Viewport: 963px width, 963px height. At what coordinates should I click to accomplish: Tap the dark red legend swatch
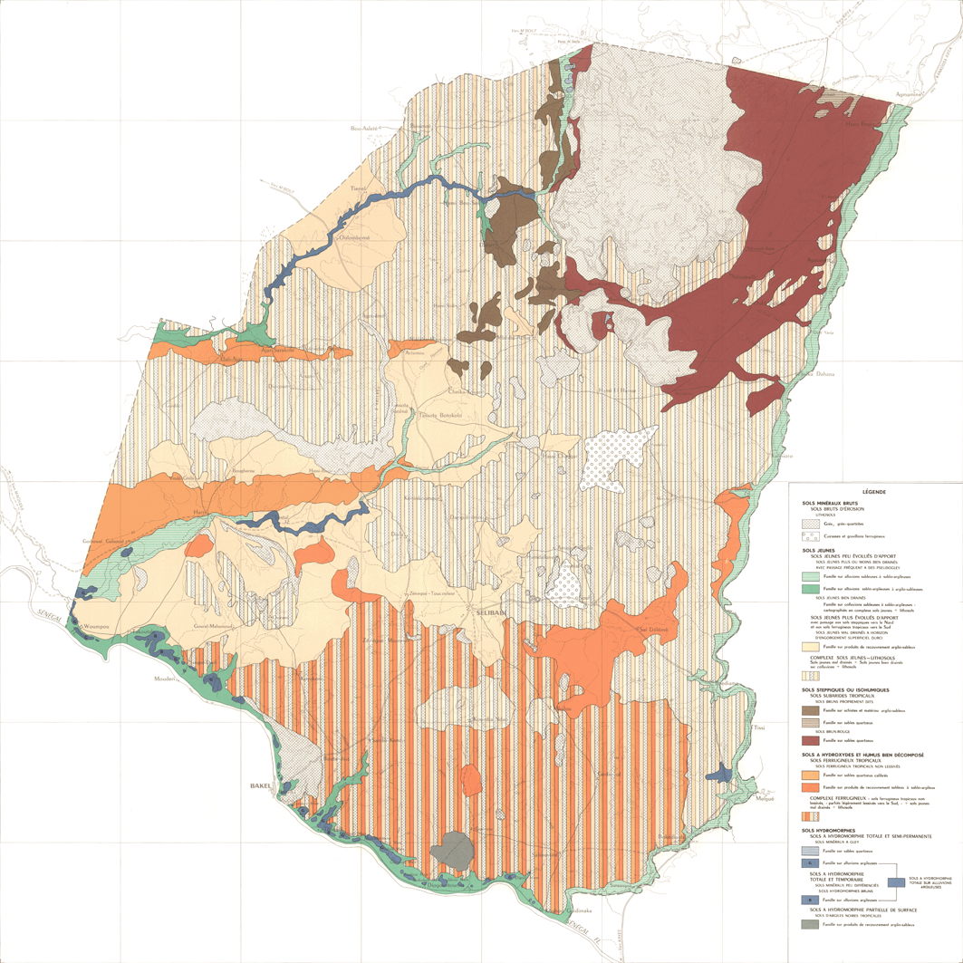point(811,740)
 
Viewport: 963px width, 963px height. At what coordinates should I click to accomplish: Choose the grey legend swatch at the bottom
point(811,924)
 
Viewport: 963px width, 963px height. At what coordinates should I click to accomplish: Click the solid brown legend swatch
point(811,711)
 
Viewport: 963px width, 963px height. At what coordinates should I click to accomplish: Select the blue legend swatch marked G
point(811,863)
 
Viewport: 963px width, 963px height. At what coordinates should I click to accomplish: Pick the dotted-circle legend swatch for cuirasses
point(811,536)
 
